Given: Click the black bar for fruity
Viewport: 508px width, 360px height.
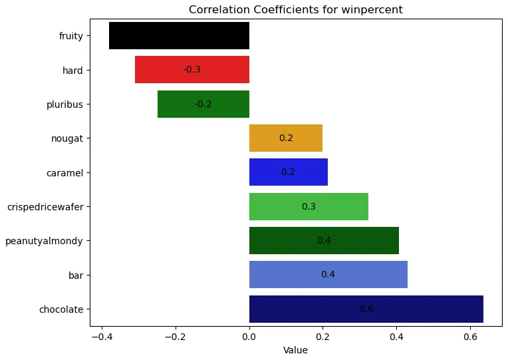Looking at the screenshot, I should click(x=179, y=36).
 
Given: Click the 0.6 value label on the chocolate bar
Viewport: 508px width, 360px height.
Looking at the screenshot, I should click(x=366, y=309).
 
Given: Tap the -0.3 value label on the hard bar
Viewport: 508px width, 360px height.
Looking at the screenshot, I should click(x=192, y=70).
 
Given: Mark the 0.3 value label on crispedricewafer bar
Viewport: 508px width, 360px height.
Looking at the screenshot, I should click(x=309, y=206).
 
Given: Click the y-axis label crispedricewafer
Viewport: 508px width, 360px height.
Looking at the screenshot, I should click(x=45, y=206).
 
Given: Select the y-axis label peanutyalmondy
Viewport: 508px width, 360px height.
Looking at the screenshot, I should click(x=44, y=241).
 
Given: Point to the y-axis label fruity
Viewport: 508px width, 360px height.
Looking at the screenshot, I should click(x=71, y=36).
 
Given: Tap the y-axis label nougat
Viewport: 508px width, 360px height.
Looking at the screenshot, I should click(x=67, y=138).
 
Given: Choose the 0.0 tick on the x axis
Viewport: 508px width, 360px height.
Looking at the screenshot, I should click(x=249, y=337).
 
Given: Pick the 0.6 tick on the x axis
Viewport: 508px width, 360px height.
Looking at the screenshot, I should click(x=470, y=337).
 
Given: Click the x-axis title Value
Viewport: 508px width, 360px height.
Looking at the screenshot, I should click(x=295, y=350).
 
